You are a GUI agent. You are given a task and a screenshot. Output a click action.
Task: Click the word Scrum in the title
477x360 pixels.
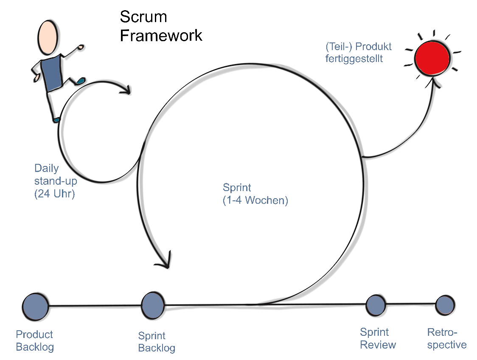click(x=143, y=17)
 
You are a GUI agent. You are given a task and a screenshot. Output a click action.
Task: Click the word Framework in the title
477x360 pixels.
click(x=161, y=36)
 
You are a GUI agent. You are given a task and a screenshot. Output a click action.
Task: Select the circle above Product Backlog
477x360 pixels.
click(x=35, y=306)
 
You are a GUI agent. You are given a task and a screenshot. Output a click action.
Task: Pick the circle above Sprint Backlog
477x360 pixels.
click(x=153, y=305)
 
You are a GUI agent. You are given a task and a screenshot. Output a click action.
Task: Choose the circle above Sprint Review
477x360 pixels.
click(x=376, y=305)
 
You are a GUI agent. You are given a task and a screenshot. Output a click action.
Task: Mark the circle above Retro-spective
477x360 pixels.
click(x=445, y=305)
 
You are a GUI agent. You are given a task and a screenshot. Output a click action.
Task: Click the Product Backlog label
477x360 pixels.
click(x=35, y=340)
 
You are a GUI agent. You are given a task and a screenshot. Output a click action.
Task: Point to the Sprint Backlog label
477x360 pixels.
click(x=156, y=342)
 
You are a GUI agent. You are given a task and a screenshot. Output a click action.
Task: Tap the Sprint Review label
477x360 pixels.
click(x=378, y=338)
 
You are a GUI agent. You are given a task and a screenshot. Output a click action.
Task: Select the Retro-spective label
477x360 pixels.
click(x=446, y=338)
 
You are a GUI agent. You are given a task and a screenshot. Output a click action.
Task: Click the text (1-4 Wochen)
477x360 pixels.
click(x=255, y=200)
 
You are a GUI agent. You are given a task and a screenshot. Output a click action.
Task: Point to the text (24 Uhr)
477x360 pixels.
click(x=54, y=194)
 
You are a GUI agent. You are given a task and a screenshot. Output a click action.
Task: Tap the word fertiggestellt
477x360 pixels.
click(x=354, y=59)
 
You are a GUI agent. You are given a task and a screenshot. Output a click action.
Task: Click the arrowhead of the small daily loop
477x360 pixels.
click(x=126, y=90)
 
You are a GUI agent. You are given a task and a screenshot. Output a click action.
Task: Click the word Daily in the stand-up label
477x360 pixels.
click(x=47, y=168)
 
